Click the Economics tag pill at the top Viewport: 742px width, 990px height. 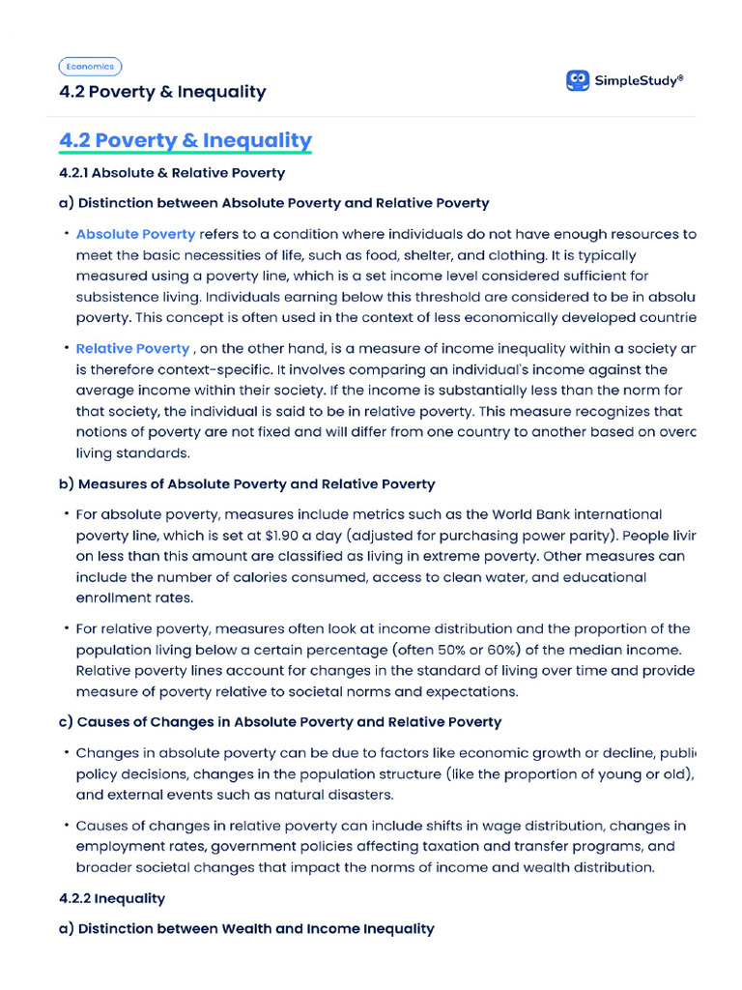(90, 67)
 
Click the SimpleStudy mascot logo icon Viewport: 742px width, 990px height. (578, 80)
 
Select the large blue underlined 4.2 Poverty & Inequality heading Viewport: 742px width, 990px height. (185, 140)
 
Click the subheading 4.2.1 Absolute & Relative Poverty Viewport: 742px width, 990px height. (172, 173)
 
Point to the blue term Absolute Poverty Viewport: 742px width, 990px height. (135, 234)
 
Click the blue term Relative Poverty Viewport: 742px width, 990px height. (132, 348)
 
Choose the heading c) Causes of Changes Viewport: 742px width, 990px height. (280, 721)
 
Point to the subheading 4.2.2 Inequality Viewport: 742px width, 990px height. (112, 898)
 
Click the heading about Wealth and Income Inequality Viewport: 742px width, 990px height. (246, 928)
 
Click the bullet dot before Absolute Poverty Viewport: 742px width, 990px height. (67, 234)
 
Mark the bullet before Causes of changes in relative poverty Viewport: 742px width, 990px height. (67, 826)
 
